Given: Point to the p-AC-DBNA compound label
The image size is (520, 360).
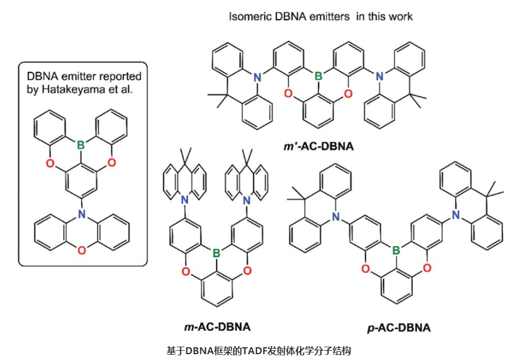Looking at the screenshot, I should coord(399,328).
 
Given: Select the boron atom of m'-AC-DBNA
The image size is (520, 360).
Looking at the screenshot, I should coord(317,75).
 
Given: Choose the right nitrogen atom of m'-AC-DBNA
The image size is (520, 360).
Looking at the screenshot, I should coord(378,75).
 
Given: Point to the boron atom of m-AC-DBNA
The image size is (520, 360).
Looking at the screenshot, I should coord(216,253).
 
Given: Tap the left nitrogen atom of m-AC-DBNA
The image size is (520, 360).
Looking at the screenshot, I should coord(185,200).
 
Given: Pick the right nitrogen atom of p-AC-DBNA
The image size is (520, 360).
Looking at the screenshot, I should coord(457,216).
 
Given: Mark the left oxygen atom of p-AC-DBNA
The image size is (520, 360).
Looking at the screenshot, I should coord(366,268).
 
